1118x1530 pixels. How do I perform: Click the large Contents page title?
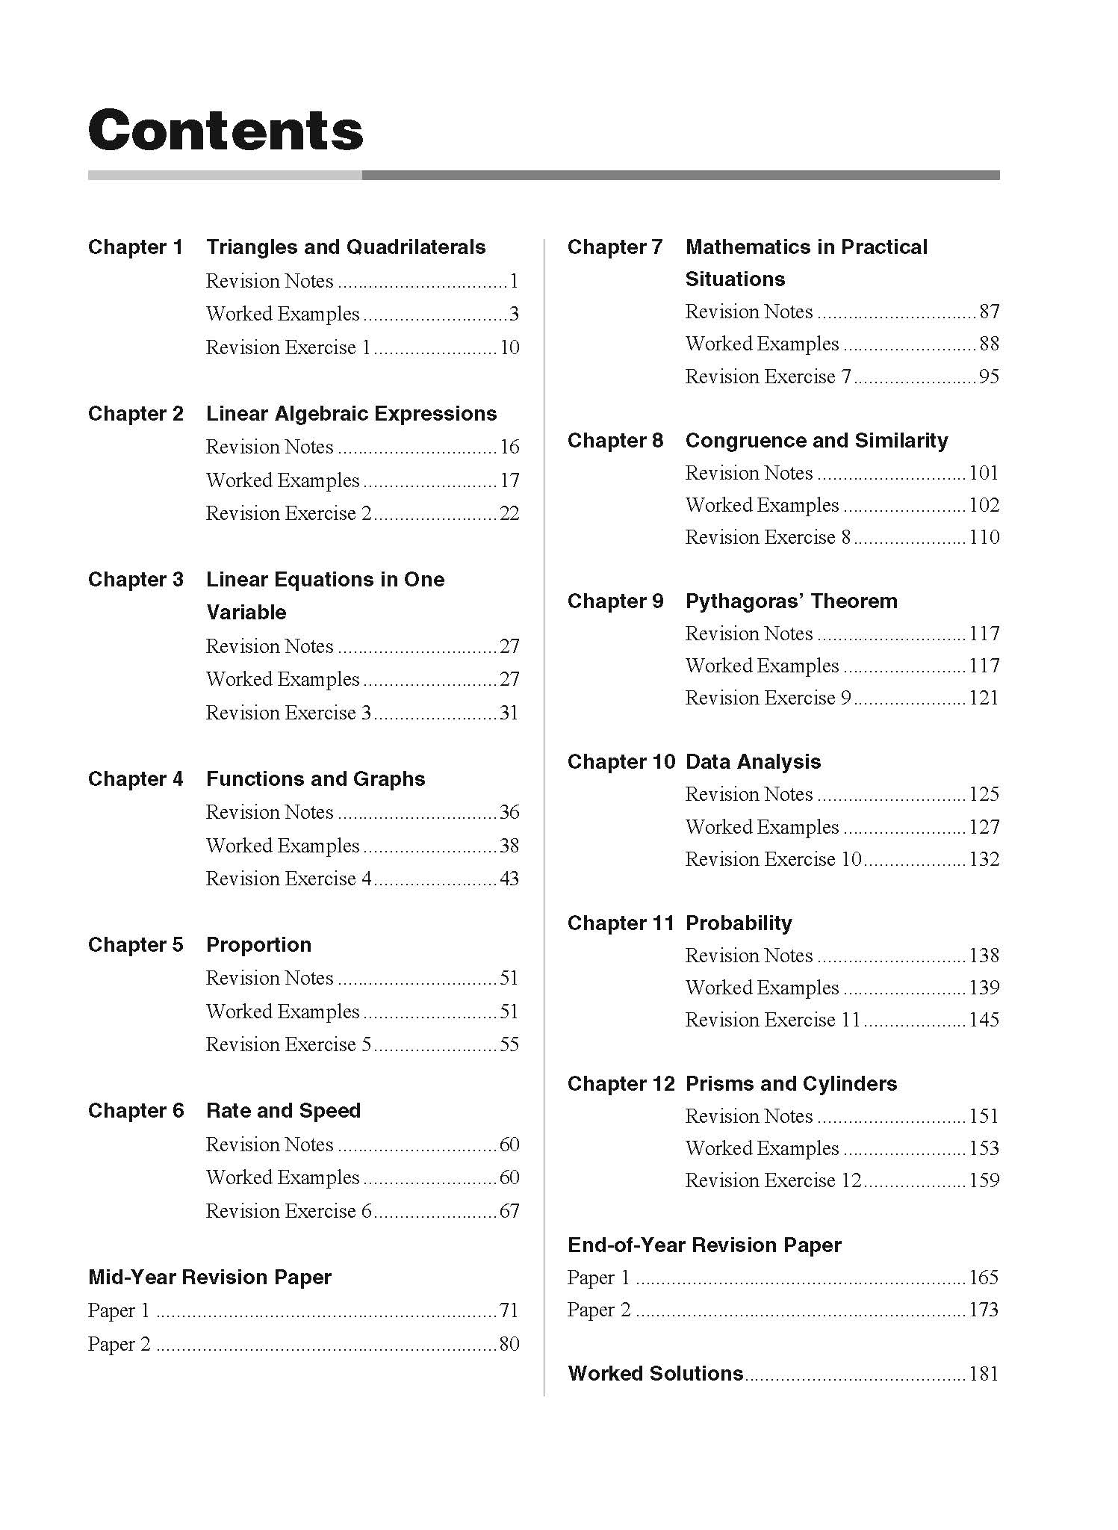click(226, 131)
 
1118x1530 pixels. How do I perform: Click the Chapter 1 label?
click(135, 247)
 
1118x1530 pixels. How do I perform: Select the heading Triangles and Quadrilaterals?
click(345, 247)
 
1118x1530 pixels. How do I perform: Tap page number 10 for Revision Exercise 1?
click(509, 347)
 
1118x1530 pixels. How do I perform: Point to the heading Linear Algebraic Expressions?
click(351, 414)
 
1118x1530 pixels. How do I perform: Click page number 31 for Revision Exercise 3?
click(509, 713)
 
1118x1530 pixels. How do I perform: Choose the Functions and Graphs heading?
click(315, 779)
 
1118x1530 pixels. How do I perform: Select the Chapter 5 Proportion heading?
click(258, 945)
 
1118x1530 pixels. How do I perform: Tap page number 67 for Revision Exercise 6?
click(509, 1211)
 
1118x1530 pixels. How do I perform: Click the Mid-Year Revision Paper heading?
click(209, 1277)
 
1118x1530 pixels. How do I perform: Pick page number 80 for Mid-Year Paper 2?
click(509, 1344)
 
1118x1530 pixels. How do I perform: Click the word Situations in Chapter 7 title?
click(735, 279)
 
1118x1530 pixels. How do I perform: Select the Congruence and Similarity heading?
click(816, 441)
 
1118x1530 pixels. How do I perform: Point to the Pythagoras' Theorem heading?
click(791, 601)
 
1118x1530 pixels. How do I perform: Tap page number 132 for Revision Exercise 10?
click(984, 859)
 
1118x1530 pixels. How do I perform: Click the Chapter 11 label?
click(620, 923)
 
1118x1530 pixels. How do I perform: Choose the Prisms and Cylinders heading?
click(791, 1084)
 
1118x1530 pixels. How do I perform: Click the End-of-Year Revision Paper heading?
click(704, 1245)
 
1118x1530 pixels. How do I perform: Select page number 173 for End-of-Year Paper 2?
click(984, 1310)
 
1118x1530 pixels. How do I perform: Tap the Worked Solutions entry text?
click(655, 1374)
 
